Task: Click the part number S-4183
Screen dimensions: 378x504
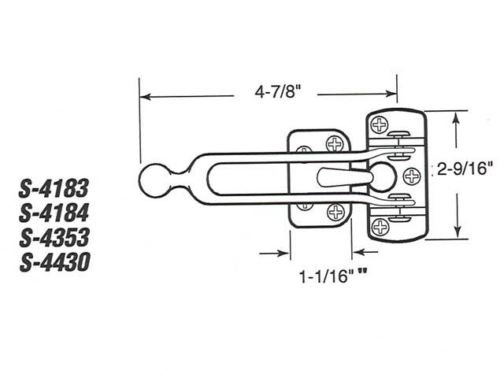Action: pyautogui.click(x=54, y=188)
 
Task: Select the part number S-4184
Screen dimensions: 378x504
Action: pyautogui.click(x=54, y=213)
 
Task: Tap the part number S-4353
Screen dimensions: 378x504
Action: pyautogui.click(x=54, y=237)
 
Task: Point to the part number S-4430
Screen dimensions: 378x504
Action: pyautogui.click(x=54, y=261)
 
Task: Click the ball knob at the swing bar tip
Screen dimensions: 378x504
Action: pyautogui.click(x=154, y=180)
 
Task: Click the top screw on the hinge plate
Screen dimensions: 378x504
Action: pyautogui.click(x=380, y=125)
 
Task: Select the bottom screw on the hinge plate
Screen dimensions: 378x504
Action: pyautogui.click(x=380, y=227)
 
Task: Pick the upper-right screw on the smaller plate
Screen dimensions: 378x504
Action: pyautogui.click(x=335, y=143)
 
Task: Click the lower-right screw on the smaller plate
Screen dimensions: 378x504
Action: pyautogui.click(x=335, y=210)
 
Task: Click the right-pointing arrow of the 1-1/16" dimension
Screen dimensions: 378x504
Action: pyautogui.click(x=286, y=254)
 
